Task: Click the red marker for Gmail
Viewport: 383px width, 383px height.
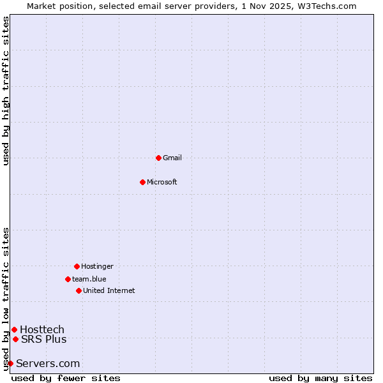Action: pos(158,158)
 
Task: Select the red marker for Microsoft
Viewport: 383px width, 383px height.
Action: pos(143,182)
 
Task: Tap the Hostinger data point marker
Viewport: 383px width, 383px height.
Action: pos(77,266)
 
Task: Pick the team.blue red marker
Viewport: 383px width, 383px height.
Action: pos(68,279)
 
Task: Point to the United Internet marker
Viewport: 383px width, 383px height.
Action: pos(79,290)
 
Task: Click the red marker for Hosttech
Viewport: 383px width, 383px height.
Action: pos(14,329)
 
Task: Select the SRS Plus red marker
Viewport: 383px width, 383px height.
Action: pos(15,339)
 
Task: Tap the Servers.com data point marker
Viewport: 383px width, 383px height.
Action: pos(10,363)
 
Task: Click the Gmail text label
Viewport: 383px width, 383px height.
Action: pos(172,158)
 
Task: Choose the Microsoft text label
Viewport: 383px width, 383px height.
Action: pos(162,182)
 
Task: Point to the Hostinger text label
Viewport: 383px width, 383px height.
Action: pos(97,266)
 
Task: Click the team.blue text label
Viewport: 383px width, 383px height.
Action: pos(89,279)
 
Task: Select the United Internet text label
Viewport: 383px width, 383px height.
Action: pos(109,290)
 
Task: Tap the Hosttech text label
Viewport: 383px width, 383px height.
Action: pos(42,329)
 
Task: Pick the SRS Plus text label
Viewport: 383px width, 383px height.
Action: pos(44,339)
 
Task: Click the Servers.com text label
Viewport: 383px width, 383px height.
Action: pos(48,363)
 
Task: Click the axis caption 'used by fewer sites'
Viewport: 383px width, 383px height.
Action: pos(66,378)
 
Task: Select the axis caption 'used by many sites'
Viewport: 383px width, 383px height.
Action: pos(320,378)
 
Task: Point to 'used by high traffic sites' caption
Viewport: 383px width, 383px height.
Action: pos(6,91)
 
